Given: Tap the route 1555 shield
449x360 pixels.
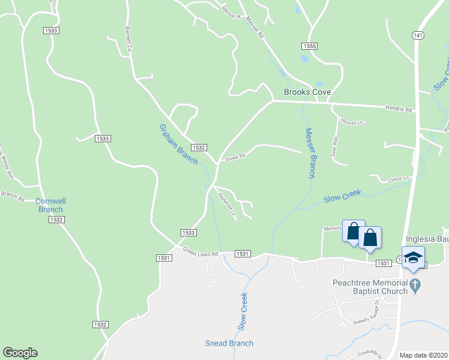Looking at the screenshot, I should [x=309, y=46].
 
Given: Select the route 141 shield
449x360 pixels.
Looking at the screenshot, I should [x=418, y=36].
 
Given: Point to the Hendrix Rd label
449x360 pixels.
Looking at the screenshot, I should [x=400, y=110].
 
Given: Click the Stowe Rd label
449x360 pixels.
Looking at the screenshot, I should [x=235, y=158].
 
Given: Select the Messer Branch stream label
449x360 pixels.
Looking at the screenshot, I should [x=310, y=153].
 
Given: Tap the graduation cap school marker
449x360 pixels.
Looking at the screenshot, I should [x=413, y=257].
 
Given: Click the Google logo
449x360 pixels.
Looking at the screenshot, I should [x=20, y=353].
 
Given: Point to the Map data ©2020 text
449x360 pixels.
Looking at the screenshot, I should [x=423, y=355].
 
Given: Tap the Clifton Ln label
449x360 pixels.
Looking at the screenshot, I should [x=399, y=178].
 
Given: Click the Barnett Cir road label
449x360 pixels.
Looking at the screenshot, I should [x=128, y=39].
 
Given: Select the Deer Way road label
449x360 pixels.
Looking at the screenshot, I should [x=335, y=146].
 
